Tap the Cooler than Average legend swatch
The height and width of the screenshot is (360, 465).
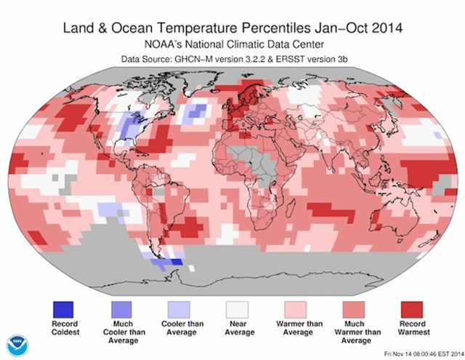(x=179, y=308)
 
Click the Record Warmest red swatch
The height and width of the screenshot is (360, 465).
(x=411, y=308)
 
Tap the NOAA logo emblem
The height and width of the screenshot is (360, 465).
(x=17, y=345)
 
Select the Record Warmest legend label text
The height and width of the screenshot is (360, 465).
(x=411, y=327)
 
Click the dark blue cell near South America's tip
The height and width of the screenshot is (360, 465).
(x=175, y=263)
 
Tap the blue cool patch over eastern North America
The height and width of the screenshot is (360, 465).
(x=131, y=127)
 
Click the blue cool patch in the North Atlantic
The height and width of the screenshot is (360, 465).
(x=195, y=113)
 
